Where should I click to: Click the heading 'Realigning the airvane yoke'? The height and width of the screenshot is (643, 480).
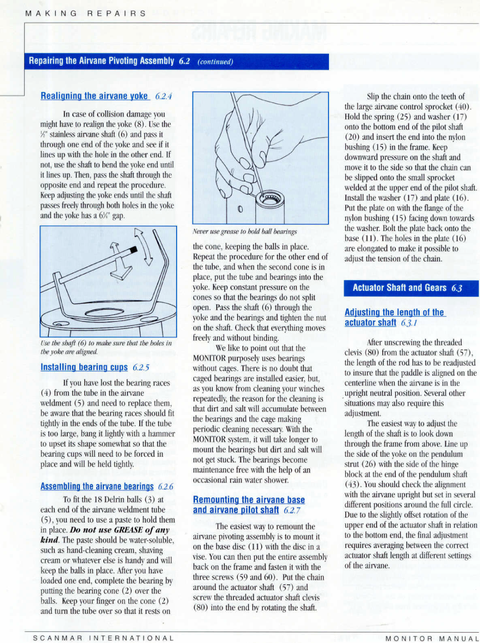[x=94, y=96]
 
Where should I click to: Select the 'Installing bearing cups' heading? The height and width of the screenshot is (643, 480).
[x=84, y=367]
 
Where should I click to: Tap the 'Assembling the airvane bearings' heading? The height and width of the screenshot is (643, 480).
[x=97, y=486]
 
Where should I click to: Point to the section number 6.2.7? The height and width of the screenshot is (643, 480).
[x=292, y=510]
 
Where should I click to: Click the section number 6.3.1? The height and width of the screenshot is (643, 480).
[x=409, y=323]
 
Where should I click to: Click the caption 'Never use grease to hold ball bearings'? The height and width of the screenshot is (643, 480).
[x=245, y=231]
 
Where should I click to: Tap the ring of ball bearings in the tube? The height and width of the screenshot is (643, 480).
[x=271, y=199]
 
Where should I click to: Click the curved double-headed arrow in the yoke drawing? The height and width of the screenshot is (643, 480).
[x=144, y=246]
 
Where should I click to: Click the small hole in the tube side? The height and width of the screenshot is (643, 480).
[x=240, y=209]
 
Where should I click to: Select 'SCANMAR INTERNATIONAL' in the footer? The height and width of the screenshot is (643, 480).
[x=103, y=638]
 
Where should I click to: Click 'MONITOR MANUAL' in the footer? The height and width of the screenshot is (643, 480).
[x=432, y=638]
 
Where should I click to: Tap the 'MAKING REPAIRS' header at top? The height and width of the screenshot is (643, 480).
[x=85, y=13]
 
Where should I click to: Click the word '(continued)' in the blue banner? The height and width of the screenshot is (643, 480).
[x=215, y=62]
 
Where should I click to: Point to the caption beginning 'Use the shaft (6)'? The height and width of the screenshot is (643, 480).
[x=106, y=347]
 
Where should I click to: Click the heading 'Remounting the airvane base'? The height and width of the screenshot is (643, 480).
[x=249, y=500]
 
